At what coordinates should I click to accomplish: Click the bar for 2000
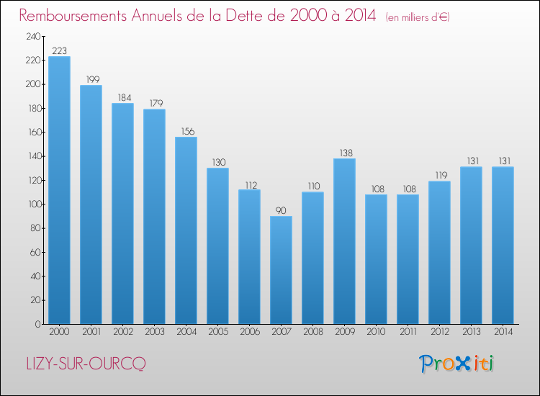pyautogui.click(x=59, y=190)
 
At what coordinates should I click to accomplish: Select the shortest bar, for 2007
pyautogui.click(x=281, y=270)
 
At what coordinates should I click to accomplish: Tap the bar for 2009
pyautogui.click(x=344, y=241)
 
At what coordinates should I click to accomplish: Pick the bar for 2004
pyautogui.click(x=186, y=230)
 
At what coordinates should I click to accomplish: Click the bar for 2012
pyautogui.click(x=439, y=253)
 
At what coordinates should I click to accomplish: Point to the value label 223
pyautogui.click(x=59, y=51)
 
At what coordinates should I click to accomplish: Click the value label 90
pyautogui.click(x=281, y=210)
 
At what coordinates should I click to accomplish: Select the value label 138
pyautogui.click(x=346, y=153)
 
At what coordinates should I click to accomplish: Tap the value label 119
pyautogui.click(x=441, y=175)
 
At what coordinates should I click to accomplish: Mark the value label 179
pyautogui.click(x=156, y=103)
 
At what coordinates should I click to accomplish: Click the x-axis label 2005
pyautogui.click(x=218, y=332)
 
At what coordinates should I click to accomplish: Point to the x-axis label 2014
pyautogui.click(x=503, y=332)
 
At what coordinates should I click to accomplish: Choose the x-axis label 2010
pyautogui.click(x=376, y=332)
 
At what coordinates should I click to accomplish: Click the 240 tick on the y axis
pyautogui.click(x=33, y=37)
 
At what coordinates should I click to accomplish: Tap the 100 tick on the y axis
pyautogui.click(x=35, y=204)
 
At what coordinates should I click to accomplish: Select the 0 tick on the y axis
pyautogui.click(x=38, y=324)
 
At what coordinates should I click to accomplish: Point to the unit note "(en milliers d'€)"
pyautogui.click(x=418, y=17)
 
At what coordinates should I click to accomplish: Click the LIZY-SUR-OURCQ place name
pyautogui.click(x=86, y=364)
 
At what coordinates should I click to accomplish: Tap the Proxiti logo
pyautogui.click(x=456, y=364)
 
